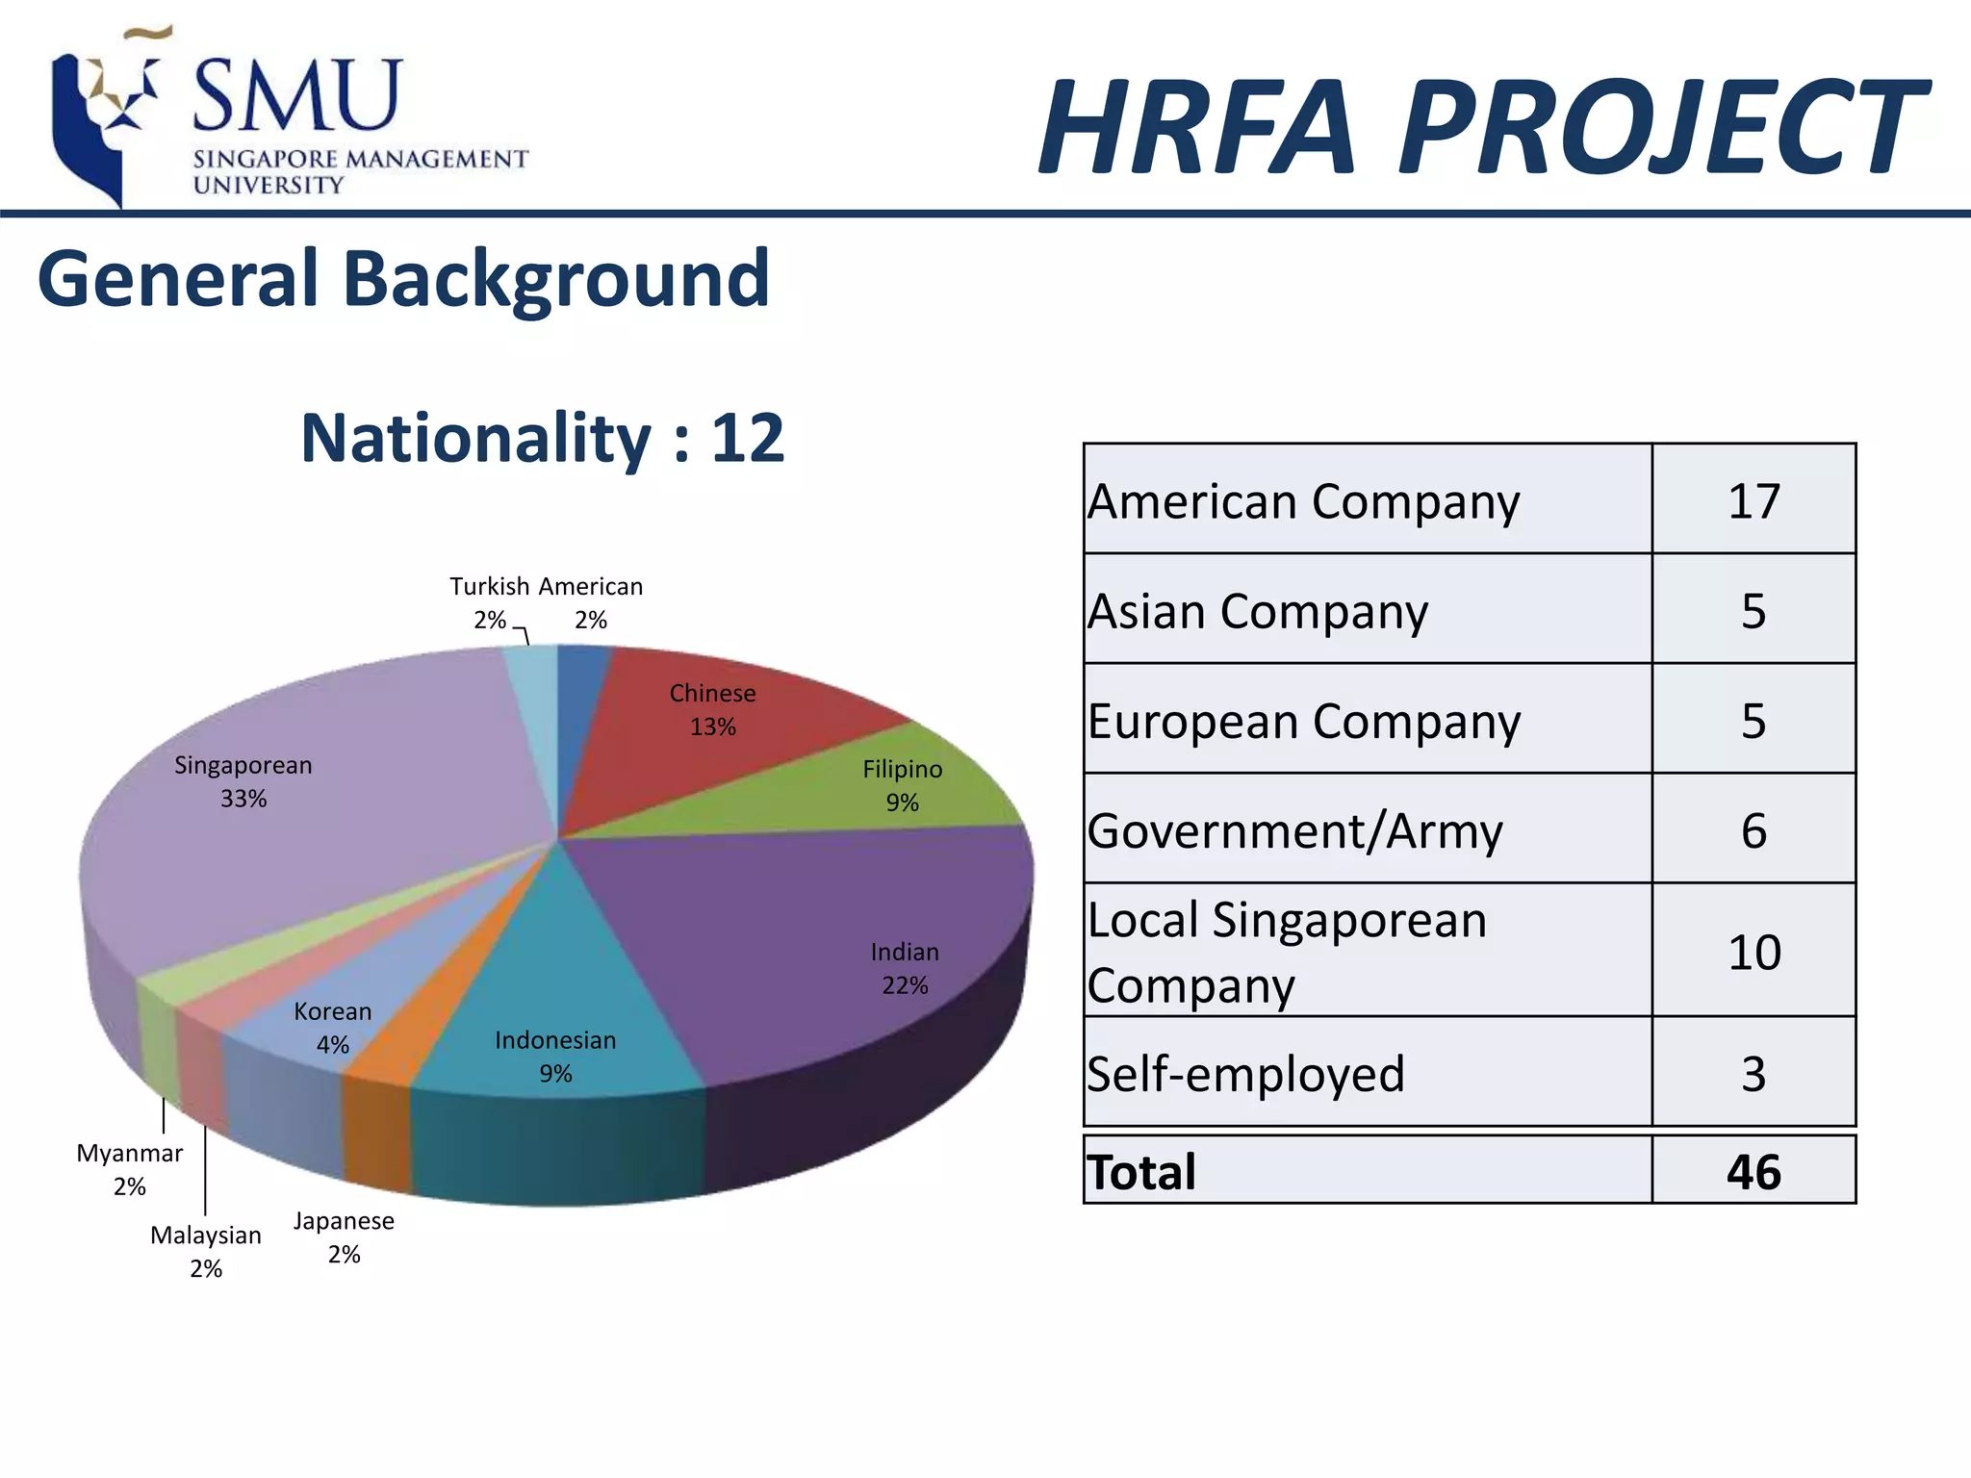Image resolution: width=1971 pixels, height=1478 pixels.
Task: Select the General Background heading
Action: pos(403,279)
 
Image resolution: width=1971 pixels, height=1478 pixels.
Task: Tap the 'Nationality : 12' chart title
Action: pos(543,439)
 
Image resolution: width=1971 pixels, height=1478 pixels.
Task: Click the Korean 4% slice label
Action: pos(332,1027)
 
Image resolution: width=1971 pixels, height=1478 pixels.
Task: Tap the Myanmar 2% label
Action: pos(130,1169)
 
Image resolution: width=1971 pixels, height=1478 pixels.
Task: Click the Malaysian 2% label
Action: pos(206,1251)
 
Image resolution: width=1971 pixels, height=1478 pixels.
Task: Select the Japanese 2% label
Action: pos(344,1236)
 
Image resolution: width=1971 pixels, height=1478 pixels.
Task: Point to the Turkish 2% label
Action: pos(490,602)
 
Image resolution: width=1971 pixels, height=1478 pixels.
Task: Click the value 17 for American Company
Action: pos(1753,501)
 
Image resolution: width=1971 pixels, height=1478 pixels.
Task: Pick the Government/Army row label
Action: pos(1294,830)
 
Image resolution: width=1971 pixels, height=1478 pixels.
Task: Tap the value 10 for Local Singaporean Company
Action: pos(1753,952)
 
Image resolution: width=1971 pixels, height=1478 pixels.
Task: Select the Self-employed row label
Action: pos(1245,1073)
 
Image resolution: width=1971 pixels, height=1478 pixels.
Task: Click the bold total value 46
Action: pos(1753,1172)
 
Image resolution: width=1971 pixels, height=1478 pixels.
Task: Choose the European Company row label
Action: pos(1304,721)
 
